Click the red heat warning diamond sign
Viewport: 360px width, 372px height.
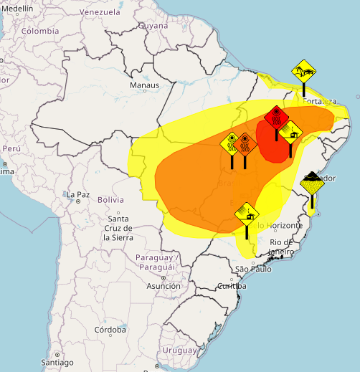[x=276, y=116]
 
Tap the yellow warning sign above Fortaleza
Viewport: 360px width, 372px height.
[x=303, y=71]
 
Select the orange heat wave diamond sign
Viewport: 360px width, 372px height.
[x=245, y=144]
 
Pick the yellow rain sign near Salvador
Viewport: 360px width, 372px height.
[x=312, y=183]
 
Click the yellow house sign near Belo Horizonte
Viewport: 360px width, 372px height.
[x=247, y=212]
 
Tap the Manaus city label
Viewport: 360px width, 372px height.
[x=143, y=86]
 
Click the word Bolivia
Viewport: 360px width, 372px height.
[x=110, y=200]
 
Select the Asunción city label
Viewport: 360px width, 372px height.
[x=164, y=285]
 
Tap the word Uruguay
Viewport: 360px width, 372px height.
[x=179, y=350]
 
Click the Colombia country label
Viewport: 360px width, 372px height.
[x=39, y=32]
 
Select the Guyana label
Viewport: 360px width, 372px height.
[x=153, y=25]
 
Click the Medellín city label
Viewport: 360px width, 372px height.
[x=17, y=8]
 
